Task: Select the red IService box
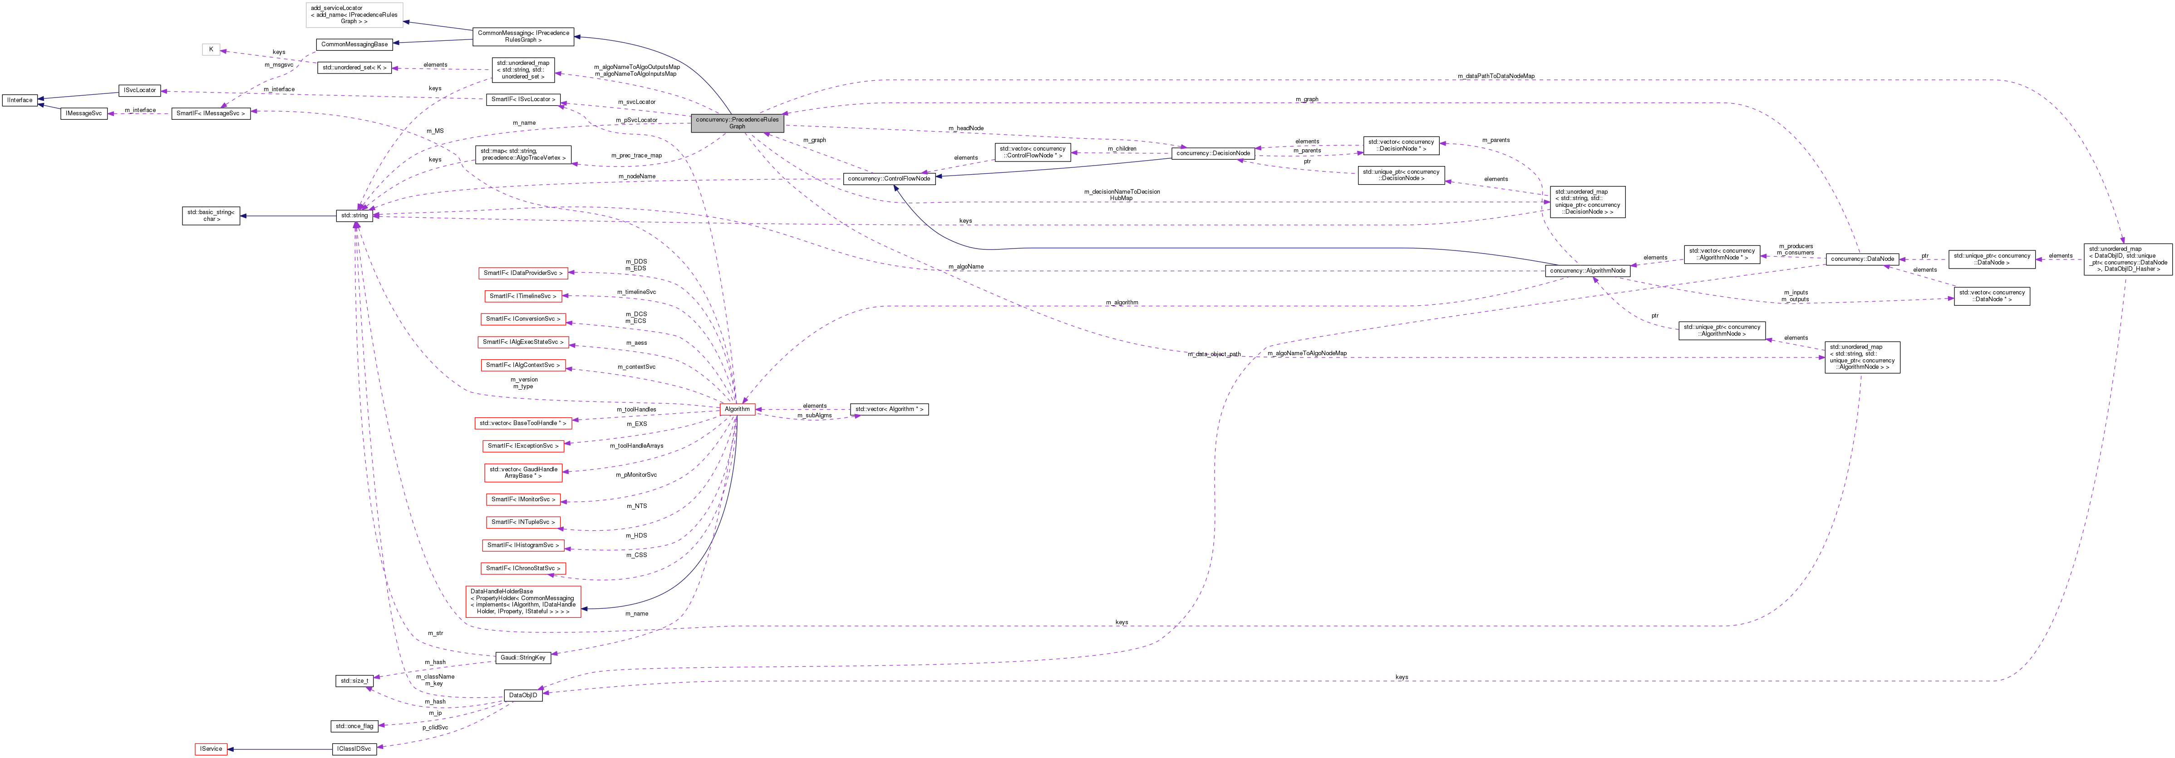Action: click(211, 749)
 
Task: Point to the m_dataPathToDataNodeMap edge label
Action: click(1495, 76)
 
